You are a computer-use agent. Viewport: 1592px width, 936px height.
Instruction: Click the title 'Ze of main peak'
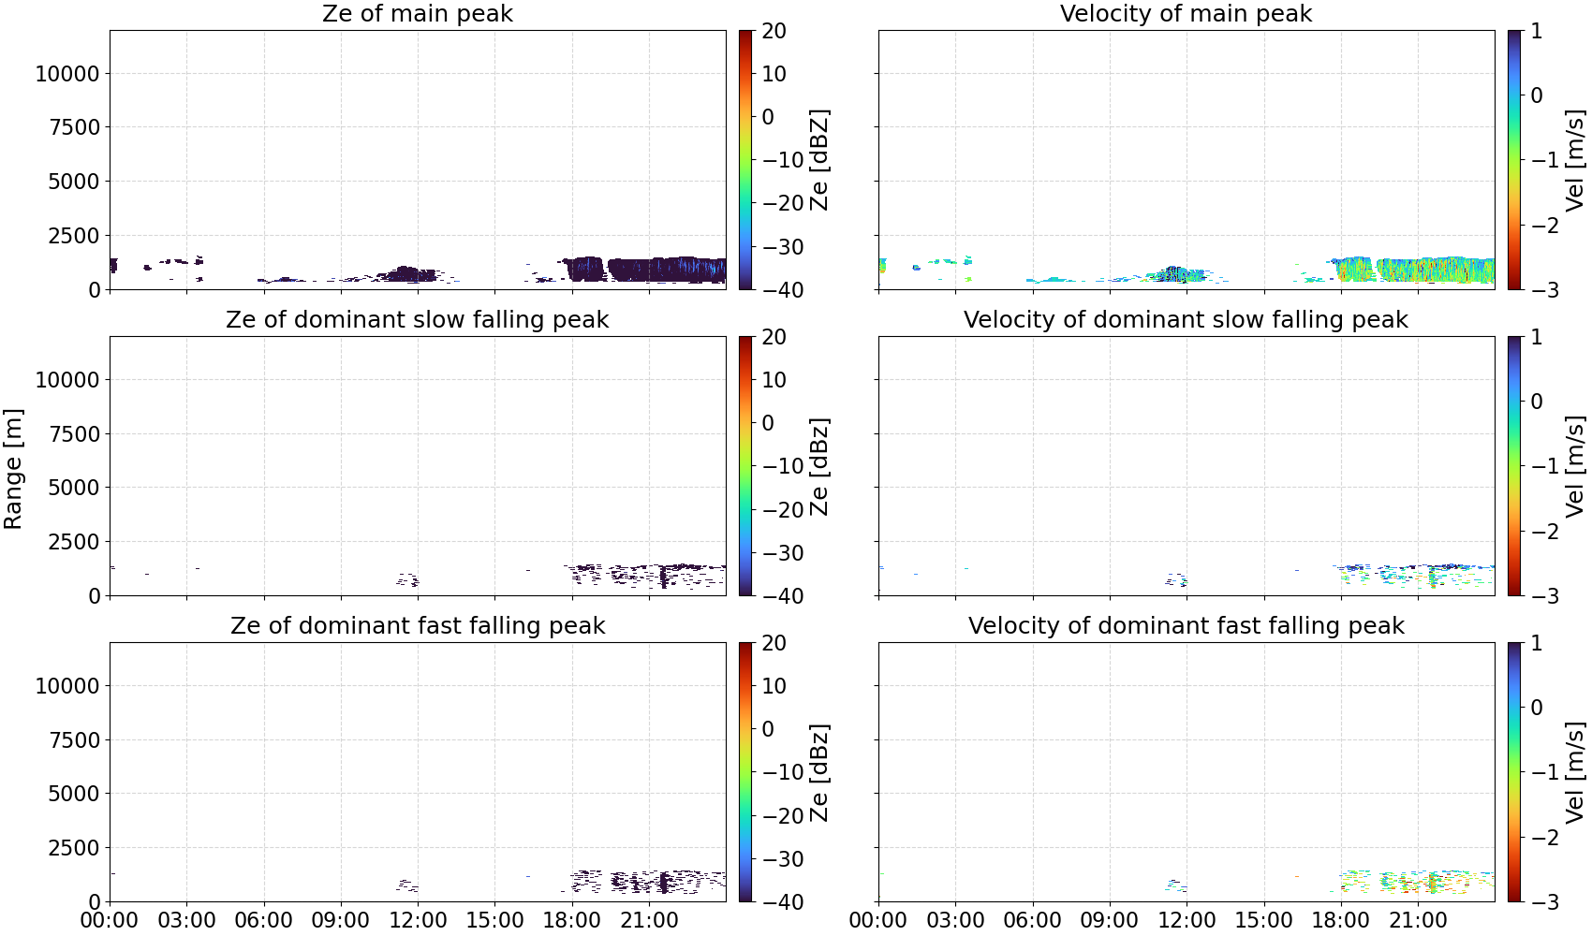coord(417,13)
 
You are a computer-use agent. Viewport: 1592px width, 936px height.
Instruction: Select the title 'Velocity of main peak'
coord(1187,13)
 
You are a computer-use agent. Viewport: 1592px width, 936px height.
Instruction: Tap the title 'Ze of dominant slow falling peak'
coord(417,319)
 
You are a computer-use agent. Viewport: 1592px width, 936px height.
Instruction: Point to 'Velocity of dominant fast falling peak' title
coord(1187,625)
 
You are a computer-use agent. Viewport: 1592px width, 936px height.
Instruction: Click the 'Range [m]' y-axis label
coord(13,469)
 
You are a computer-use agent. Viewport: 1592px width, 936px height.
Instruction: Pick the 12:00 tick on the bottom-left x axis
coord(418,920)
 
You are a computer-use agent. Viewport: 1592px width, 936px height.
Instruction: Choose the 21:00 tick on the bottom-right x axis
coord(1418,920)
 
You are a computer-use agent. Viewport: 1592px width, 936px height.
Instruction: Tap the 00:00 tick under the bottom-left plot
coord(110,920)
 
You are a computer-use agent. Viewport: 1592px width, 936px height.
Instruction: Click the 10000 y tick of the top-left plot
coord(68,73)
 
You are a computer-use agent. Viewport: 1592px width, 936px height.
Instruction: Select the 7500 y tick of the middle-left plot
coord(75,434)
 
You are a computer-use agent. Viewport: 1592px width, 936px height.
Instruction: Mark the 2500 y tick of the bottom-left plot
coord(75,847)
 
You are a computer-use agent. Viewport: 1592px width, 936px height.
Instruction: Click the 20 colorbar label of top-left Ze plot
coord(774,31)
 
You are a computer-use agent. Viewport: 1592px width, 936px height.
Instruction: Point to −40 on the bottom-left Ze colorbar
coord(783,902)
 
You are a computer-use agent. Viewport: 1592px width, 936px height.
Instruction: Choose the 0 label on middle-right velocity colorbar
coord(1537,402)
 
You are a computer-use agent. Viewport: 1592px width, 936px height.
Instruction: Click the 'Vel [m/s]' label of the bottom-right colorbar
coord(1575,772)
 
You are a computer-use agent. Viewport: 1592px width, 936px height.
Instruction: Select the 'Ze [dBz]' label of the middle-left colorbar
coord(818,466)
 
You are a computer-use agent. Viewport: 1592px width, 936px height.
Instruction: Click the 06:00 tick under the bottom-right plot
coord(1033,920)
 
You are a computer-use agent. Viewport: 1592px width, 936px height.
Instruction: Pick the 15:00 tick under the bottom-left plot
coord(494,920)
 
